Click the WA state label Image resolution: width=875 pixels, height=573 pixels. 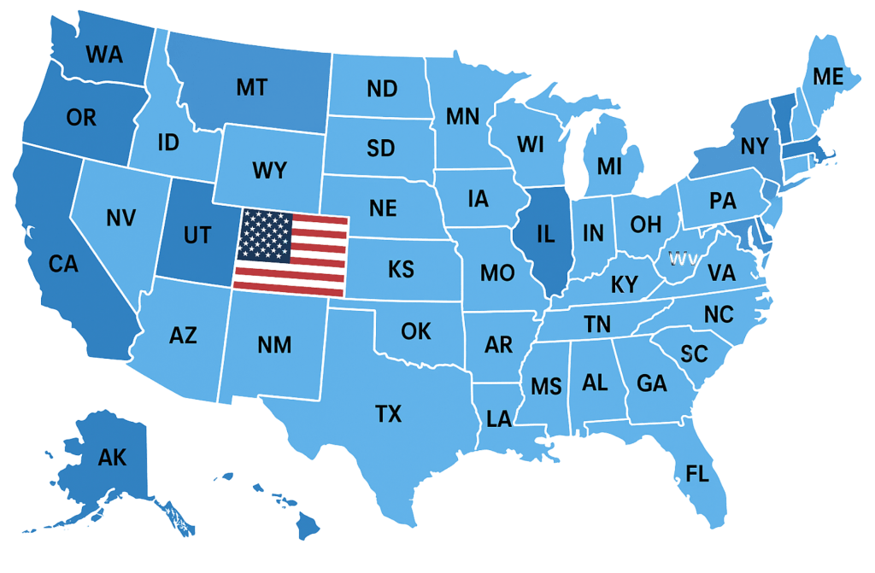pos(104,56)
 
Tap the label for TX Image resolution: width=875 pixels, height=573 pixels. pos(388,415)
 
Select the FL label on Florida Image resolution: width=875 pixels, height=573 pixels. pos(697,473)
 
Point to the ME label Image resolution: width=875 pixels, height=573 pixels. pos(827,77)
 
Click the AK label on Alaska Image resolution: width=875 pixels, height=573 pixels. pos(112,458)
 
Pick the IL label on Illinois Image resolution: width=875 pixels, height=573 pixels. pos(547,232)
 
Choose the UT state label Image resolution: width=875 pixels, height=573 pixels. pos(197,235)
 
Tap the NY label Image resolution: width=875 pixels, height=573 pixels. pos(754,147)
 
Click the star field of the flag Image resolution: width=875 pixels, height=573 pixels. pos(265,235)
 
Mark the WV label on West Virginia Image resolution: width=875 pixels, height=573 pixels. pos(680,258)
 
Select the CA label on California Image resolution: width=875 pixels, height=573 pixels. pos(62,265)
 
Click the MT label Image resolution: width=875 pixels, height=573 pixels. pos(251,87)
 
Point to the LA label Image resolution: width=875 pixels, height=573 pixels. pos(499,418)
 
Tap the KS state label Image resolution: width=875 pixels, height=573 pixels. pos(401,270)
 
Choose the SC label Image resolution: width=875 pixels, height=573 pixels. pos(694,354)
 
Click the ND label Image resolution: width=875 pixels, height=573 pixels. pos(382,88)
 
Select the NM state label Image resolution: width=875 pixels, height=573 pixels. pos(274,346)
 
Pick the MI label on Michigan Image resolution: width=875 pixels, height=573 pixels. pos(609,167)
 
